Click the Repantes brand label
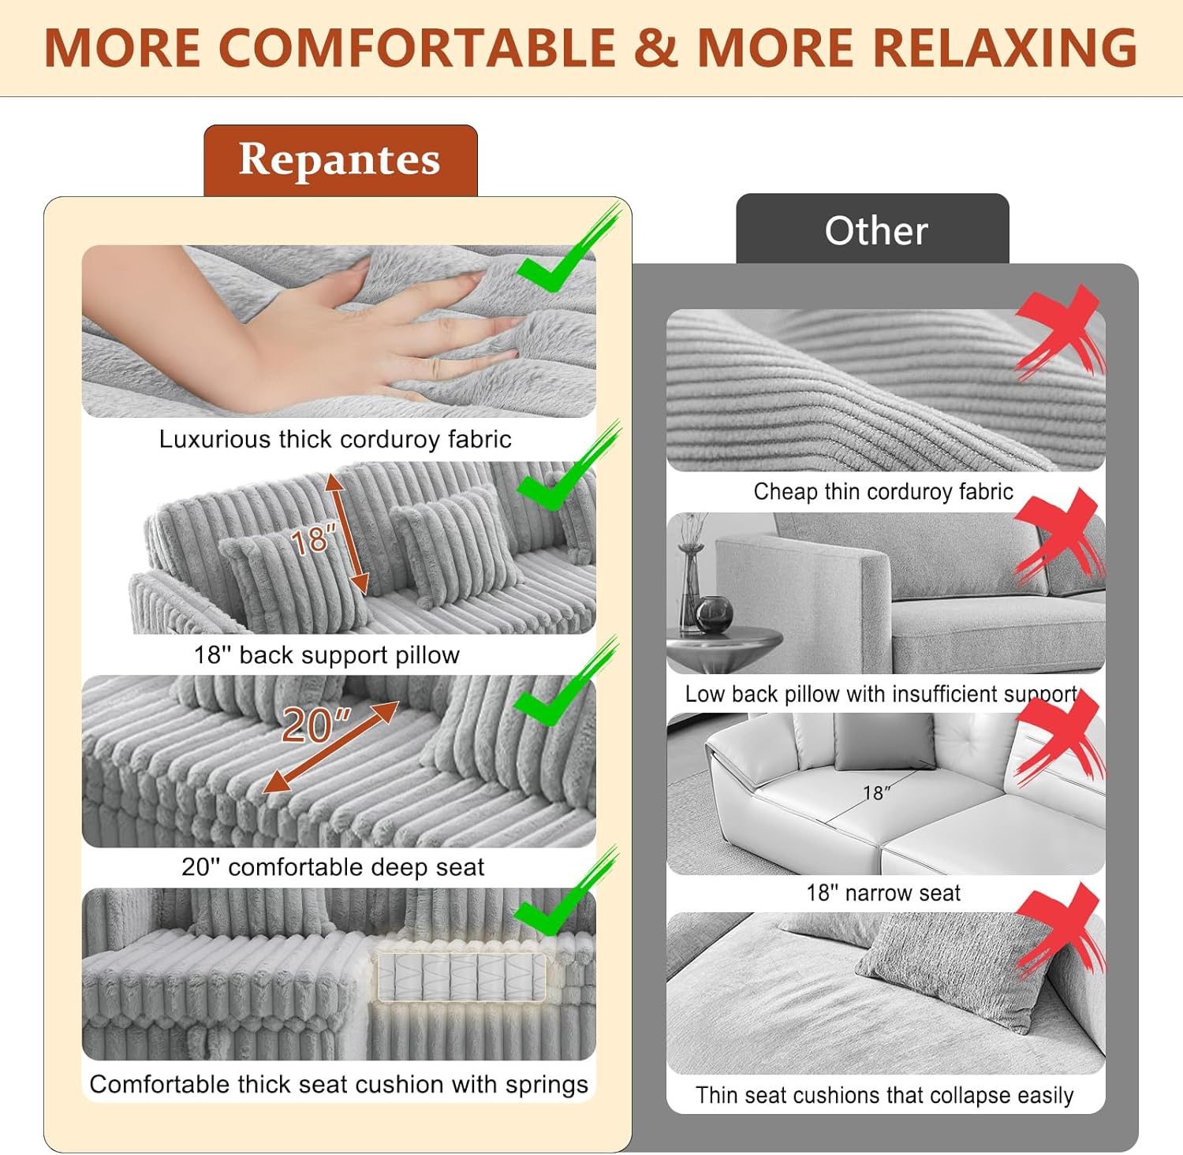pyautogui.click(x=340, y=160)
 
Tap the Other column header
pyautogui.click(x=876, y=231)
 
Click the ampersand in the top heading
pyautogui.click(x=655, y=47)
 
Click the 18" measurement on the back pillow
pyautogui.click(x=313, y=540)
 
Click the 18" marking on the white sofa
pyautogui.click(x=876, y=792)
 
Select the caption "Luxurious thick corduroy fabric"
pyautogui.click(x=335, y=439)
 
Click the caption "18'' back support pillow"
pyautogui.click(x=327, y=655)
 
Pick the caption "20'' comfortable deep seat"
pyautogui.click(x=333, y=867)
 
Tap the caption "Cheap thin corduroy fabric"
pyautogui.click(x=883, y=492)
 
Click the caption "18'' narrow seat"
pyautogui.click(x=883, y=893)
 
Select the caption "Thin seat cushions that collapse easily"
pyautogui.click(x=884, y=1095)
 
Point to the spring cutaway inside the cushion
pyautogui.click(x=461, y=978)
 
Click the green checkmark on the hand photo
pyautogui.click(x=566, y=251)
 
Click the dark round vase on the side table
pyautogui.click(x=715, y=613)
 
